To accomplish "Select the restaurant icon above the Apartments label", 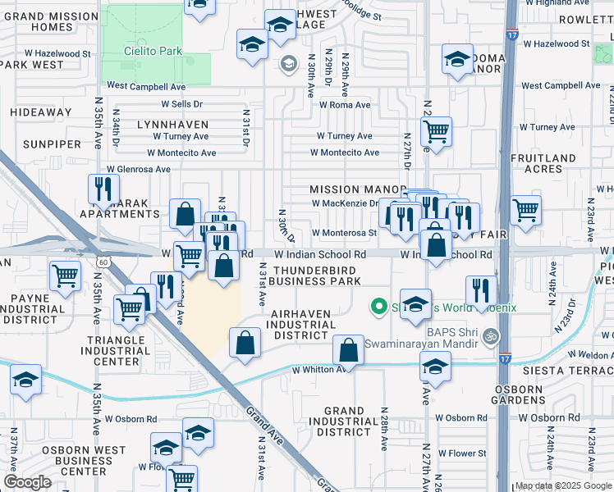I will (x=103, y=189).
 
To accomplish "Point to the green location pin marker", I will (x=378, y=307).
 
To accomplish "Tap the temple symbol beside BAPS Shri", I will (x=492, y=335).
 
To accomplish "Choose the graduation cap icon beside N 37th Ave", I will (x=26, y=380).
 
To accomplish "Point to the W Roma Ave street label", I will (x=346, y=105).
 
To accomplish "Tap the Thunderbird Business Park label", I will (x=317, y=276).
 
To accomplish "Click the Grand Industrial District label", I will (x=344, y=421).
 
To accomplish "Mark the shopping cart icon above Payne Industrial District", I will (x=65, y=276).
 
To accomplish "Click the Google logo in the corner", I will (x=27, y=482).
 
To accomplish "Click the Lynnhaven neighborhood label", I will (x=172, y=123).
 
